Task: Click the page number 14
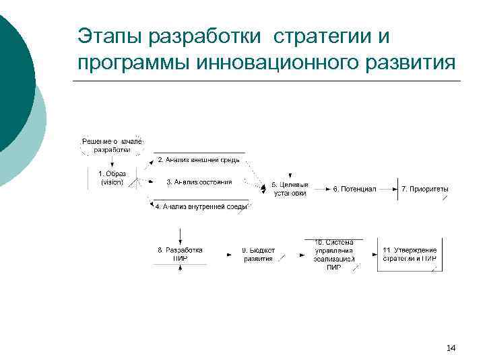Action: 451,348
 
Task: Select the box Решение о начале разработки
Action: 112,145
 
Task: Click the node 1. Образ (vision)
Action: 111,178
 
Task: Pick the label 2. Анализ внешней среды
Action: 199,160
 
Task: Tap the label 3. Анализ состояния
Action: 199,182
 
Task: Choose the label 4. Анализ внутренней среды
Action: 201,207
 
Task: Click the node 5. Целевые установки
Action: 290,189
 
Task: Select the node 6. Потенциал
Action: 354,190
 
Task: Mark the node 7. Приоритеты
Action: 424,190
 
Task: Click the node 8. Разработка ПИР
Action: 180,253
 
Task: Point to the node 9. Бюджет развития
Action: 259,253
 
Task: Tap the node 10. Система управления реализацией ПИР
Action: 334,253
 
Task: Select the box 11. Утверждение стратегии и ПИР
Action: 410,253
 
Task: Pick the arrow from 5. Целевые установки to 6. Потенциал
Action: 321,190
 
